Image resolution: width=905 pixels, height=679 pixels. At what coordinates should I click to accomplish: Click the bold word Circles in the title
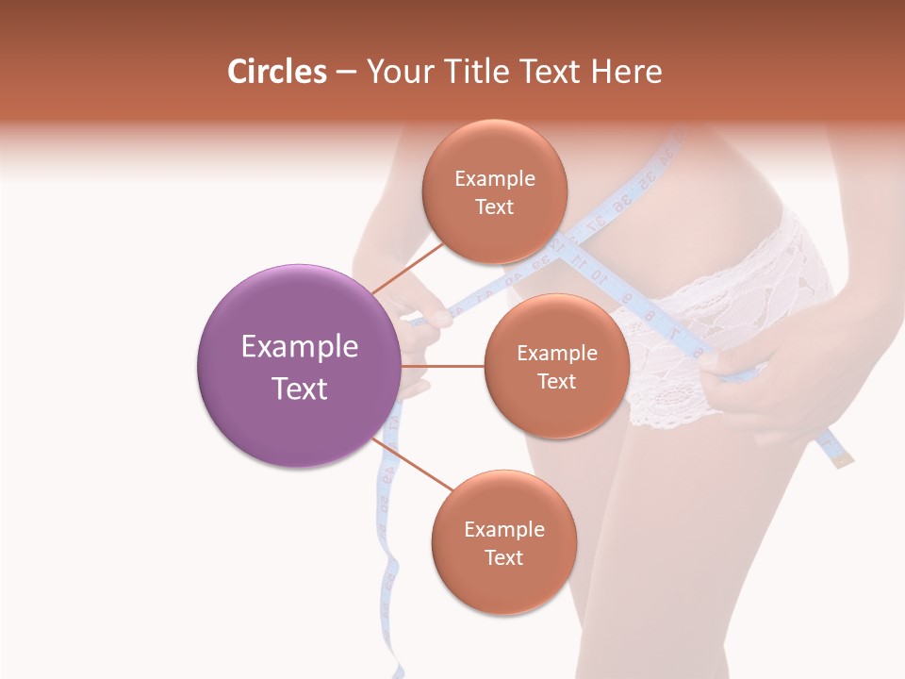point(277,72)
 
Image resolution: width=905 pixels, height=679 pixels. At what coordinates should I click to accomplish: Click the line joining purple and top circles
point(408,269)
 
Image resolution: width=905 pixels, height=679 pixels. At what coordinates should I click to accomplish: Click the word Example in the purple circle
point(300,347)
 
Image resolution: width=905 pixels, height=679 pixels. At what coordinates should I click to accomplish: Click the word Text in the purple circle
point(300,389)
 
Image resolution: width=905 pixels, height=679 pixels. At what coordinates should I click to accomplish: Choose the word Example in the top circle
point(495,179)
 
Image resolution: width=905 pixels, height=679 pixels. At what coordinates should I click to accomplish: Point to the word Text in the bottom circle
point(503,558)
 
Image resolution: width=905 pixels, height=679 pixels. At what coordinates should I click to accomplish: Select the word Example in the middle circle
point(557,354)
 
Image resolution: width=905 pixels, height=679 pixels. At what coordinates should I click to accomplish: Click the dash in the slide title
point(346,72)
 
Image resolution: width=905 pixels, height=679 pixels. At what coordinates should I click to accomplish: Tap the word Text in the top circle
point(495,207)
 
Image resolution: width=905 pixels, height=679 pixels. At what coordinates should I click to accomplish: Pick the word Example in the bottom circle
point(504,530)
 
